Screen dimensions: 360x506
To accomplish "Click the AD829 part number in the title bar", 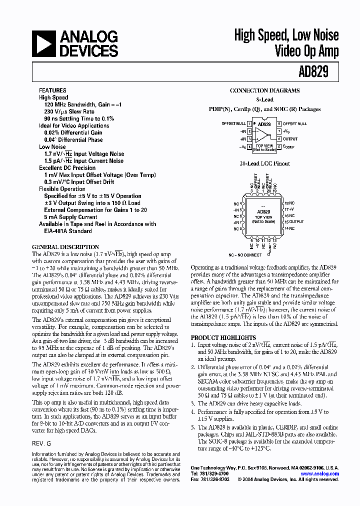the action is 313,71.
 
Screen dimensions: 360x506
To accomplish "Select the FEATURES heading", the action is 52,90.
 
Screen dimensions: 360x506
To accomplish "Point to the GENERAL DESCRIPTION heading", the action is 65,247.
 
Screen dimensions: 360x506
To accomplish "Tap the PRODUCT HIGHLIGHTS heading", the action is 223,337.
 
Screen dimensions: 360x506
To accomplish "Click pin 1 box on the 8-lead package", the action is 249,123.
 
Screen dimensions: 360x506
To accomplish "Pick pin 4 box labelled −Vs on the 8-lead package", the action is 249,146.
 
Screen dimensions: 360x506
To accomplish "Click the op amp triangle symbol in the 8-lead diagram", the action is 261,135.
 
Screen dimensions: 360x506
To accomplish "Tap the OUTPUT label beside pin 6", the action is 290,139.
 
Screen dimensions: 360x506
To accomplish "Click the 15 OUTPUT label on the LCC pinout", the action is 294,221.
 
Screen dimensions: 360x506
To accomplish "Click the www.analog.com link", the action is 319,473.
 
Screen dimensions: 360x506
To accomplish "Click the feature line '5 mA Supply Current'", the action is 70,217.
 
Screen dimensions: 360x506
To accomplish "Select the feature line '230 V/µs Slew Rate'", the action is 69,111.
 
